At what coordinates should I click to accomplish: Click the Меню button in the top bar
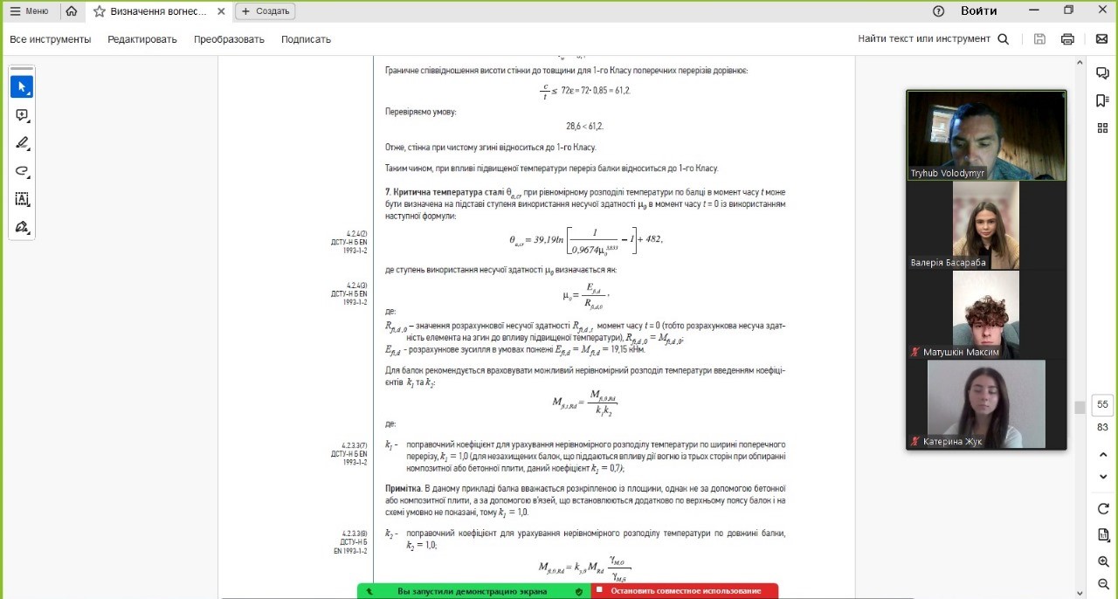[x=29, y=11]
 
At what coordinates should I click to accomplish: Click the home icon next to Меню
[x=72, y=11]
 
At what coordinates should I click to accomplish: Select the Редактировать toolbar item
[x=142, y=39]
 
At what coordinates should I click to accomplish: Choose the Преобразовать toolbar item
[x=229, y=39]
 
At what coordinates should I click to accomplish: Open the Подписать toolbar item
[x=306, y=39]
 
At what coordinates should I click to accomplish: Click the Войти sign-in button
[x=979, y=11]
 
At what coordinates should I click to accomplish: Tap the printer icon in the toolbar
[x=1067, y=39]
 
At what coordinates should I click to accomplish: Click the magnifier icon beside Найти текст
[x=1004, y=39]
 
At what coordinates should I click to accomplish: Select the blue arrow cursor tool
[x=22, y=87]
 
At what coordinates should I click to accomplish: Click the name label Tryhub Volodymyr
[x=948, y=173]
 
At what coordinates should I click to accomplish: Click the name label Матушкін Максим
[x=960, y=352]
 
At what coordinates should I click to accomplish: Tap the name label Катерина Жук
[x=952, y=441]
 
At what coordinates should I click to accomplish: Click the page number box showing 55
[x=1102, y=404]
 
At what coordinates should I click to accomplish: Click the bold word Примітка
[x=403, y=488]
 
